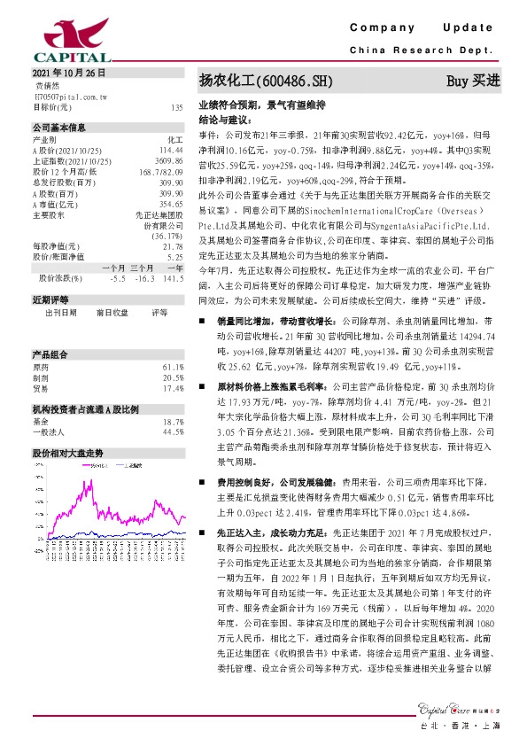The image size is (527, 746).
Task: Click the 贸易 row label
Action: coord(41,363)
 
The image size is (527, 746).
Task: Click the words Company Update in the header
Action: coord(427,30)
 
